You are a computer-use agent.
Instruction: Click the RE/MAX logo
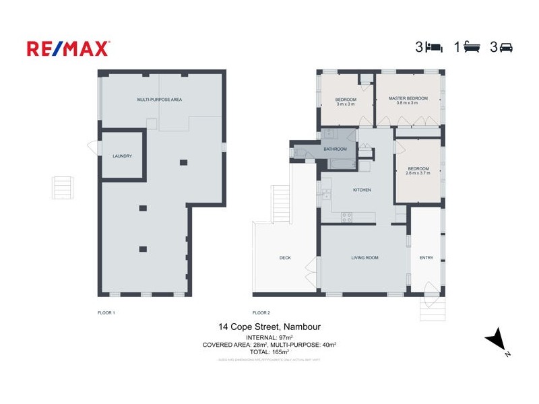point(68,48)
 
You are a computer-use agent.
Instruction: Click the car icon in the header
point(506,48)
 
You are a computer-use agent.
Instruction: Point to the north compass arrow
point(497,339)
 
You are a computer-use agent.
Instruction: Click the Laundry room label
point(122,156)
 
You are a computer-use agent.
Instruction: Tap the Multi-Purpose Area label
point(160,100)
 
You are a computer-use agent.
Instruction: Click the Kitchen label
point(362,190)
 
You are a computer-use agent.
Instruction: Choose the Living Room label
point(364,258)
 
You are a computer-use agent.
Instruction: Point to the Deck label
point(285,258)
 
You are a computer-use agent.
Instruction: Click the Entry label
point(426,258)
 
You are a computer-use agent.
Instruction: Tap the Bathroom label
point(335,149)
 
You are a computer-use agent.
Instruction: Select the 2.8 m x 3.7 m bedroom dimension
point(418,173)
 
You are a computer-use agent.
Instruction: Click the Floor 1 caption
point(106,312)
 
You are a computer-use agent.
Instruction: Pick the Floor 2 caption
point(261,312)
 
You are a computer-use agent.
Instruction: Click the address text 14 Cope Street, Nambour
point(269,327)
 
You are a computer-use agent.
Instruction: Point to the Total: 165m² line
point(269,351)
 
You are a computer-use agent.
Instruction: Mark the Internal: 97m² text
point(269,337)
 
